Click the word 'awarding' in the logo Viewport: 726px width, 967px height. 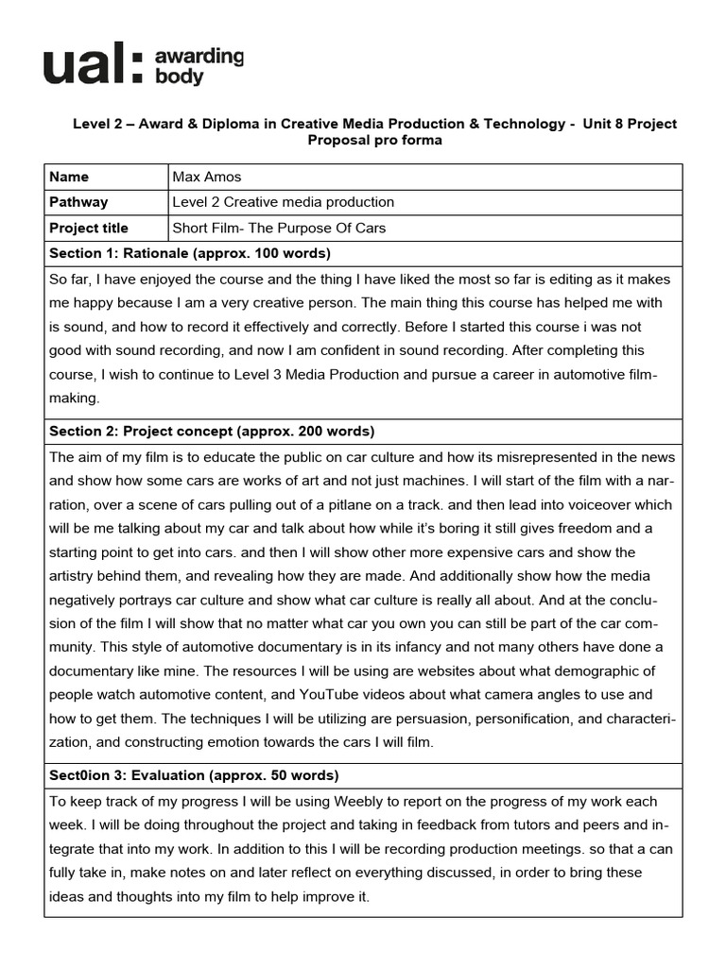click(x=199, y=57)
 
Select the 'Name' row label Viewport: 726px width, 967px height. click(x=69, y=177)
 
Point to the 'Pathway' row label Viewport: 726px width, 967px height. click(x=78, y=202)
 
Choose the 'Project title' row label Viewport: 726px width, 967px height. click(x=89, y=228)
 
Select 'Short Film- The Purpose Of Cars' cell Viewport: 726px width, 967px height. click(x=279, y=228)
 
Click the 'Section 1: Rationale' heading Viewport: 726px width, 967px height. click(x=189, y=253)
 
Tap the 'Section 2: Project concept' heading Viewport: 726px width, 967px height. click(x=212, y=432)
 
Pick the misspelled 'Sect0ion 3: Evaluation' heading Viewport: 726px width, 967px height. click(x=193, y=775)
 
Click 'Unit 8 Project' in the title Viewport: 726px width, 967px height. click(x=631, y=124)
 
